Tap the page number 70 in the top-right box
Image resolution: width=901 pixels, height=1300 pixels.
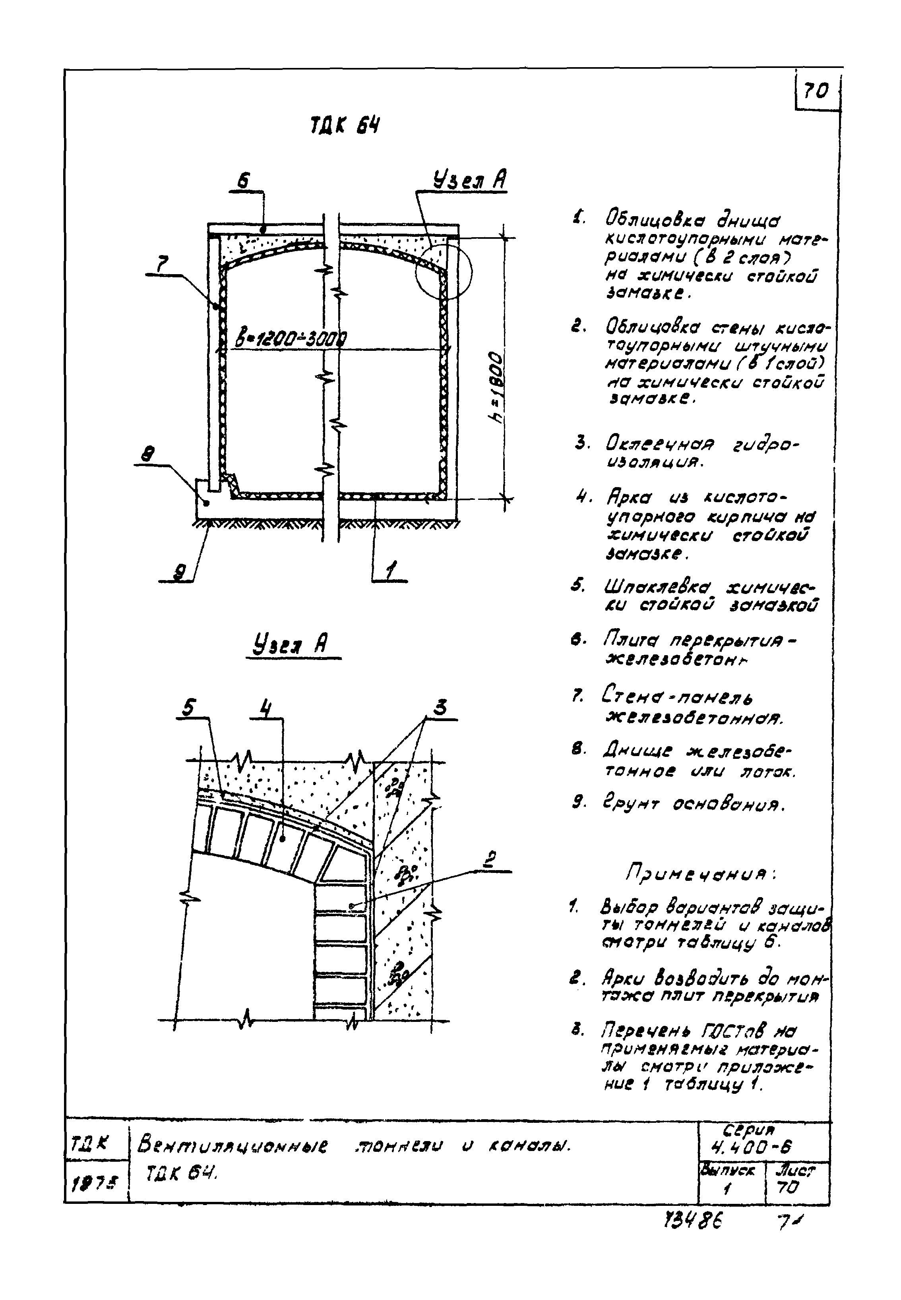click(x=816, y=90)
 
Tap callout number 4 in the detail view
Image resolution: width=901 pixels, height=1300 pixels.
click(x=264, y=708)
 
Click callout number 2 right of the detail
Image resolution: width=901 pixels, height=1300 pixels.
click(x=490, y=860)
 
